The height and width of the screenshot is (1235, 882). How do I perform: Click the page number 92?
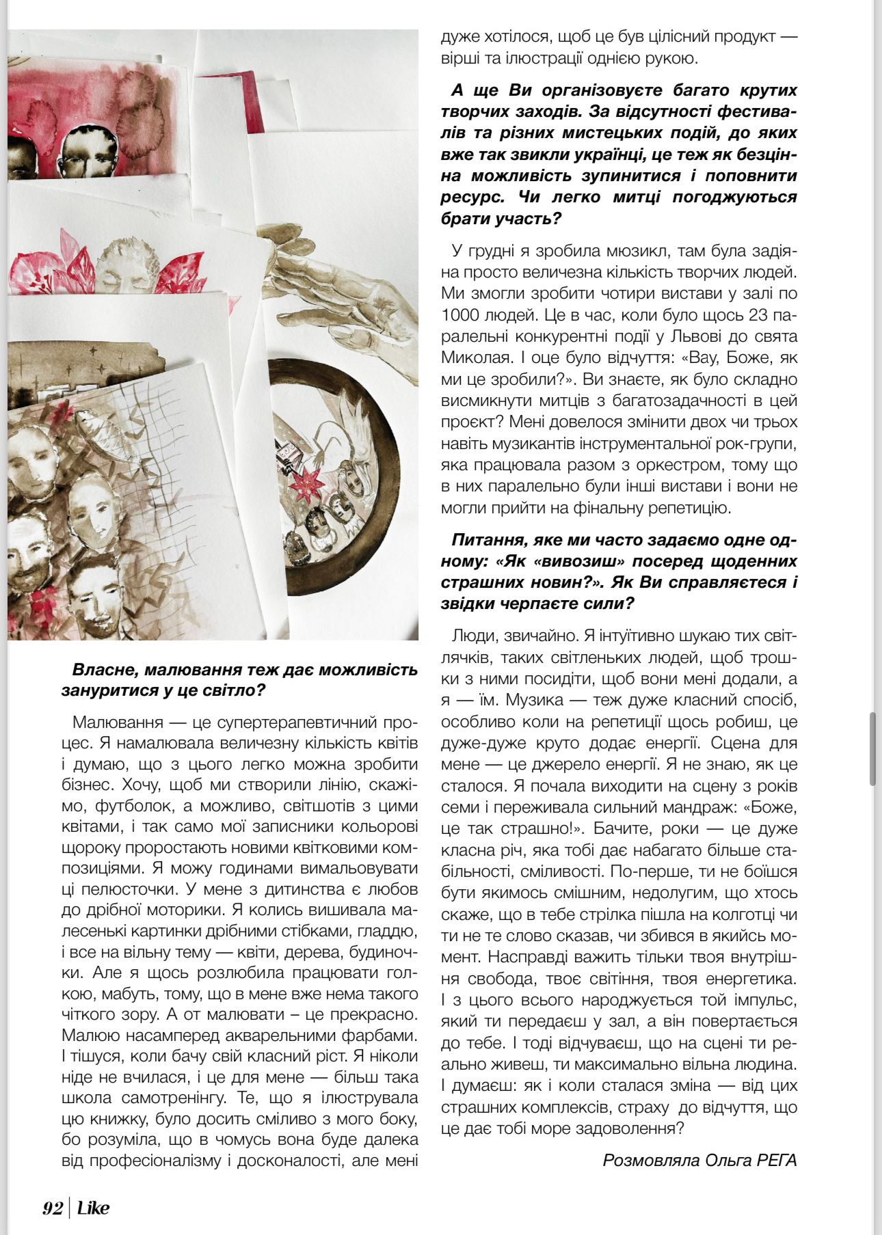(x=53, y=1208)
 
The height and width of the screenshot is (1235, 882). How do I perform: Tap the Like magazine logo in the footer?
(x=93, y=1208)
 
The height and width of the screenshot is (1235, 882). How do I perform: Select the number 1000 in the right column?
(x=462, y=315)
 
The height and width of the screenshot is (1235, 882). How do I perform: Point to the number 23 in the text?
(x=758, y=315)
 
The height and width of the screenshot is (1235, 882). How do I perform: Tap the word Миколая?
(x=475, y=357)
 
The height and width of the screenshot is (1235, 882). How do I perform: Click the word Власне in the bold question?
(x=100, y=669)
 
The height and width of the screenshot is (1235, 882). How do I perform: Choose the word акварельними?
(x=295, y=1035)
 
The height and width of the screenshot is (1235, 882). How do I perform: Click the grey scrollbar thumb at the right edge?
(x=872, y=748)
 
